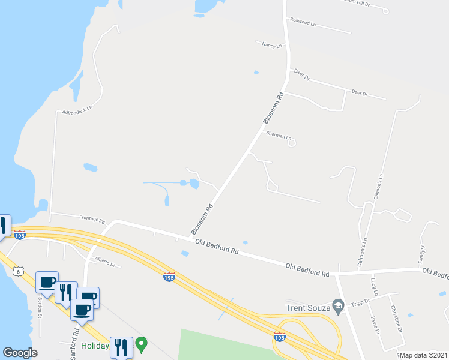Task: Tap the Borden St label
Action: point(40,308)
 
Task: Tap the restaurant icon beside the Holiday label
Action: point(121,347)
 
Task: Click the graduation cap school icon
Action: point(338,307)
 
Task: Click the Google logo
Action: point(20,353)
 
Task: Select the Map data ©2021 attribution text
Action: point(423,355)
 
